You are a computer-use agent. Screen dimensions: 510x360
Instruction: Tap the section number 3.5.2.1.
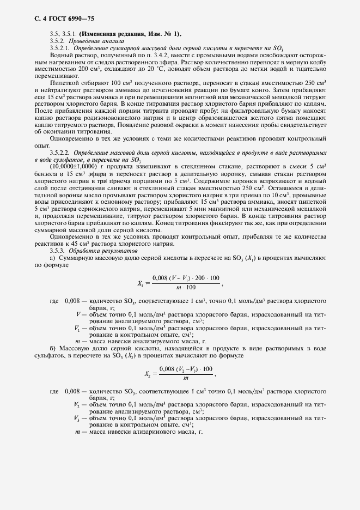pyautogui.click(x=60, y=48)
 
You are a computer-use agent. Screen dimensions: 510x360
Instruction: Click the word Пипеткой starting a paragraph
pyautogui.click(x=64, y=81)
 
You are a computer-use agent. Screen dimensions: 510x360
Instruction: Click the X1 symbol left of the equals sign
pyautogui.click(x=142, y=282)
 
